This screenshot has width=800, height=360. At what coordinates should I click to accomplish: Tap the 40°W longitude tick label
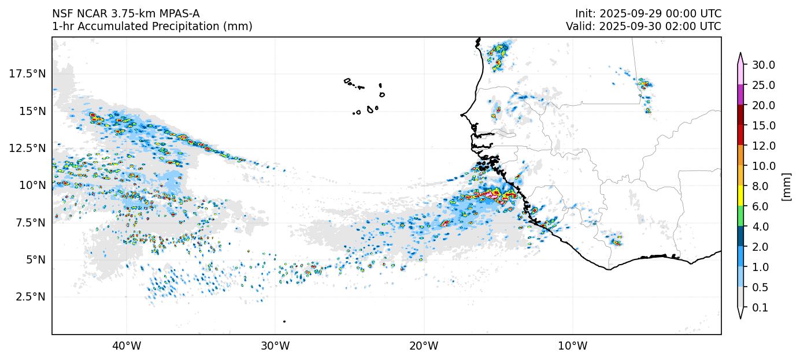pos(127,346)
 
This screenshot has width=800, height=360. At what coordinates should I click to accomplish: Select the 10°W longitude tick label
pos(573,346)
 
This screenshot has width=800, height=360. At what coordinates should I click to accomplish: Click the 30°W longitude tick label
pos(275,346)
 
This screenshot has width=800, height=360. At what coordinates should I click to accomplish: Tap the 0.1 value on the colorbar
pos(760,308)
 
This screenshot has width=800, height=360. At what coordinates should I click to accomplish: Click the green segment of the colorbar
pos(740,217)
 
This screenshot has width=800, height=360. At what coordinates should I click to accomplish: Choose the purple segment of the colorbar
pos(740,95)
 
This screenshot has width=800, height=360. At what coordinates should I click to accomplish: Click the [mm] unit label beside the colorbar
pos(786,187)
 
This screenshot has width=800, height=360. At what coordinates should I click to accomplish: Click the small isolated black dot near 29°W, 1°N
pos(284,321)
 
